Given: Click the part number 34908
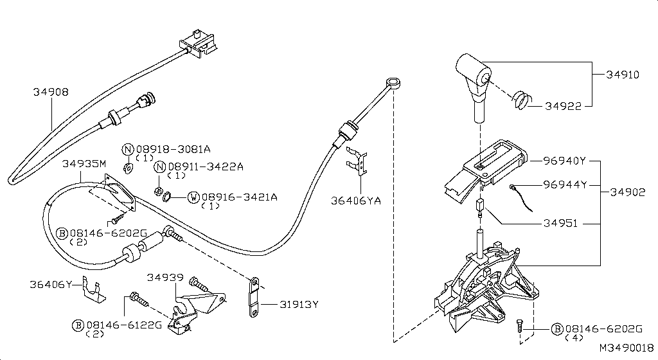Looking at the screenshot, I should tap(51, 93).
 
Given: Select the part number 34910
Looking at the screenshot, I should tap(622, 75).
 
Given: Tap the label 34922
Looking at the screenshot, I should tap(564, 107).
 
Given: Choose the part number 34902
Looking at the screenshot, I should tap(628, 192).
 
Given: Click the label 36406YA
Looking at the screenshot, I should tap(356, 201).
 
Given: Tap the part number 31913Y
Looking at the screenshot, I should tap(299, 305).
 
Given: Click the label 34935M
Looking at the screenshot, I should tap(84, 164).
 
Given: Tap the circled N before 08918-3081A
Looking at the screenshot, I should tap(127, 149).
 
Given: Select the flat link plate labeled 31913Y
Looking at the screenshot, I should tap(255, 298).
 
